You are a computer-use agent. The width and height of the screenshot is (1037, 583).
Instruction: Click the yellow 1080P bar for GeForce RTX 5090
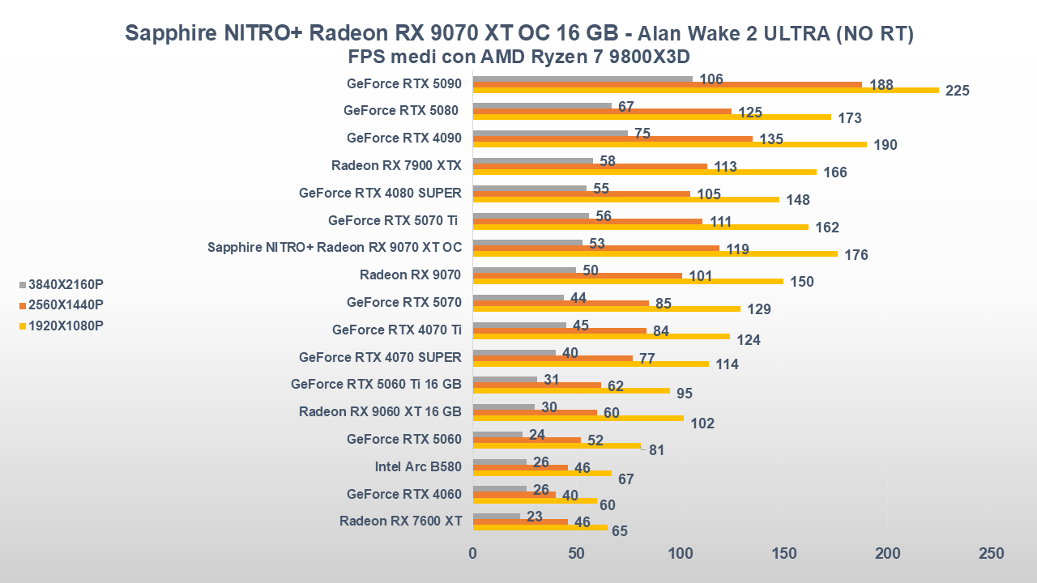point(705,90)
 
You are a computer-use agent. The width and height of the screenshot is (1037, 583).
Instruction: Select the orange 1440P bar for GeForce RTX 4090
point(612,138)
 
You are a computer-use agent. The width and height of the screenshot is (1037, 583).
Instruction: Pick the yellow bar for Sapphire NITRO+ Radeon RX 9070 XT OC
point(655,253)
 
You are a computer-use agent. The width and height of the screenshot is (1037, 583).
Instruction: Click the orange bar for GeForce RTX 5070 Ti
point(587,220)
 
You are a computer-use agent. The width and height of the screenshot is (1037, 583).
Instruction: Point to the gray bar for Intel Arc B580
point(499,462)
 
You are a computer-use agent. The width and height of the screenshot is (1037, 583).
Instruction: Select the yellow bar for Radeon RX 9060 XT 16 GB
point(578,418)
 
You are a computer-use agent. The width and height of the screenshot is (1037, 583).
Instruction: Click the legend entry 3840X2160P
point(65,284)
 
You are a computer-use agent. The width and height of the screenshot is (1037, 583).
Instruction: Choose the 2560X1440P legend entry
point(65,305)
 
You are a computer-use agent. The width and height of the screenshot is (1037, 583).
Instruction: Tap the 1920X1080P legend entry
point(65,326)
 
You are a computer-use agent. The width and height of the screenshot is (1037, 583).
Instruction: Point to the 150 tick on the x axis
point(783,554)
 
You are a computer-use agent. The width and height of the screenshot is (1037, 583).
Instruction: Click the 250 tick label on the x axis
point(991,554)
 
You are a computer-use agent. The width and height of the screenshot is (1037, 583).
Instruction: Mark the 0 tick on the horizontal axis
point(473,554)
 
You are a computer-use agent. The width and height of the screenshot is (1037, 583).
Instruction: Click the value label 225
point(958,91)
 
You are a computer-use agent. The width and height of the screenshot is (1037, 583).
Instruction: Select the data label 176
point(856,255)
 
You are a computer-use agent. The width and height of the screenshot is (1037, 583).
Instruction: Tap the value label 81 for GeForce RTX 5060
point(656,450)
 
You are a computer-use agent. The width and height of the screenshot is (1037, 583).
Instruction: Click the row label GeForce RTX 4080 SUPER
point(380,193)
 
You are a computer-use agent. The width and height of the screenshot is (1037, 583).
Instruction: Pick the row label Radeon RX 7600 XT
point(400,521)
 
